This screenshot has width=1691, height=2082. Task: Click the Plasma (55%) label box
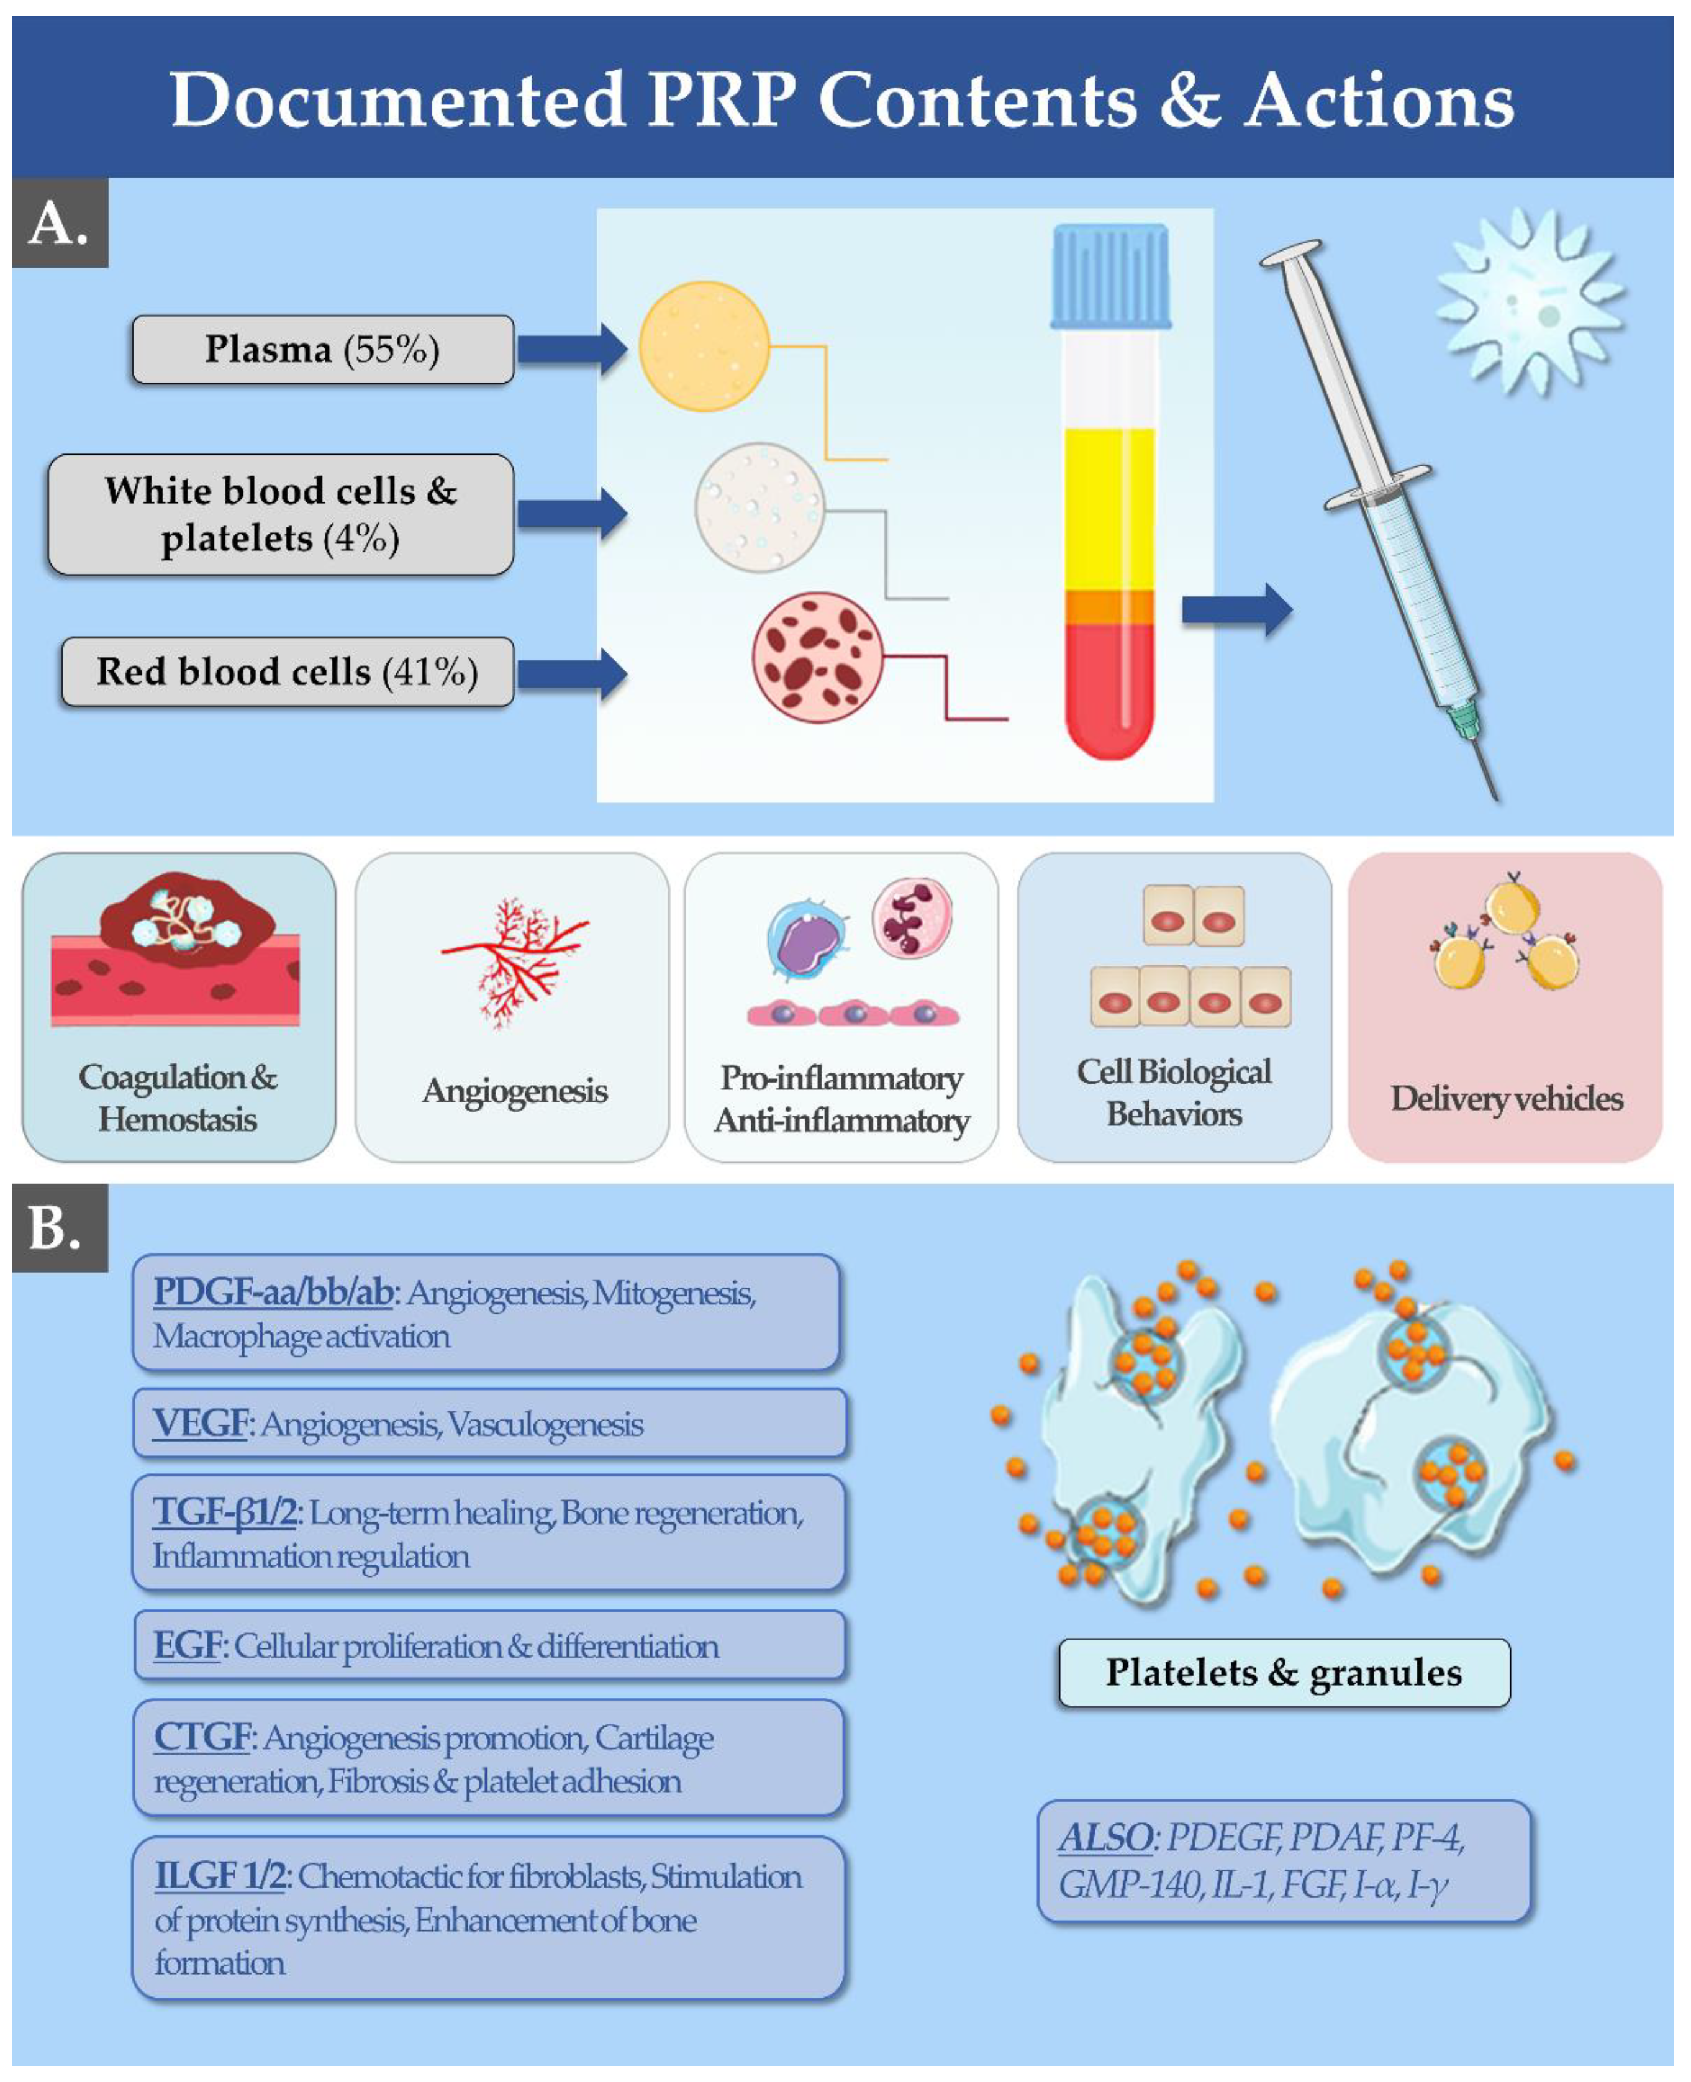(x=322, y=349)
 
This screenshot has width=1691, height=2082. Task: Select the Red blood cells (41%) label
(x=288, y=671)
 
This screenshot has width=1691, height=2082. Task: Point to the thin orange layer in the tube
(x=1110, y=606)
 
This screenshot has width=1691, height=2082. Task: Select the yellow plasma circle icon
(x=703, y=346)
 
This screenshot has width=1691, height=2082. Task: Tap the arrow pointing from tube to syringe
(x=1236, y=611)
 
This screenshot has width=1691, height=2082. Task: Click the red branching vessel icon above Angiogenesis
(x=514, y=960)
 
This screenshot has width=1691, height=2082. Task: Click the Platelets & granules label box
(x=1284, y=1673)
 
